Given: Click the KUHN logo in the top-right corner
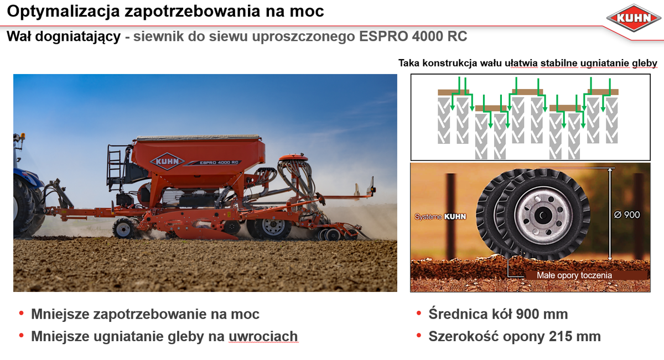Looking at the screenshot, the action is click(634, 18).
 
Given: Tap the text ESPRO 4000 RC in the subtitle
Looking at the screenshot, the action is click(413, 36).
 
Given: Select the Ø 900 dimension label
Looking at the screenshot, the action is click(626, 215).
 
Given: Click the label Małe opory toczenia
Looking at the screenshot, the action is click(574, 275).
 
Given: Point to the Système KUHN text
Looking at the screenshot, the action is click(440, 217).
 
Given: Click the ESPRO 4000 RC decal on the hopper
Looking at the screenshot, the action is click(219, 163).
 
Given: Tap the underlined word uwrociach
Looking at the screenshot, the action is click(263, 337).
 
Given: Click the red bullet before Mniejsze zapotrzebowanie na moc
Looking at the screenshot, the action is click(21, 313).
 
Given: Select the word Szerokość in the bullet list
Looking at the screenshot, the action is click(463, 336).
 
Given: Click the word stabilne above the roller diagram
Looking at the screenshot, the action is click(559, 63).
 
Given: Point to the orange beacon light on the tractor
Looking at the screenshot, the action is click(23, 135).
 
